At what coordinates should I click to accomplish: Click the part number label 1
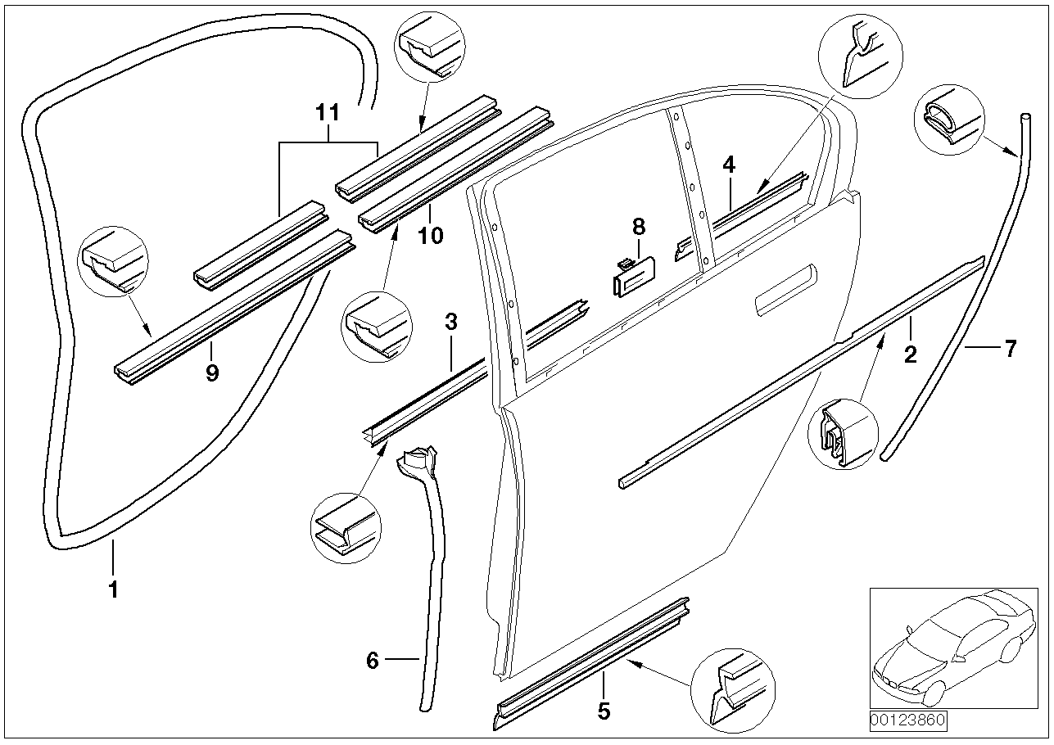113,589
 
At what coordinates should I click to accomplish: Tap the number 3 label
450,322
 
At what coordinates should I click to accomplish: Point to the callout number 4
729,165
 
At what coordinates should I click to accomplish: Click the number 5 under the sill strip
604,711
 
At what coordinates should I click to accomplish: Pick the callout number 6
373,660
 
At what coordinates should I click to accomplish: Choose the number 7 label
1010,350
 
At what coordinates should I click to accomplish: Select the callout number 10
430,236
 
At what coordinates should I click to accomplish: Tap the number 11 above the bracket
328,114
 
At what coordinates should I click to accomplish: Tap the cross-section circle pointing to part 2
844,434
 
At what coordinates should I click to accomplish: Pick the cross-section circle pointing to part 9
115,263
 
